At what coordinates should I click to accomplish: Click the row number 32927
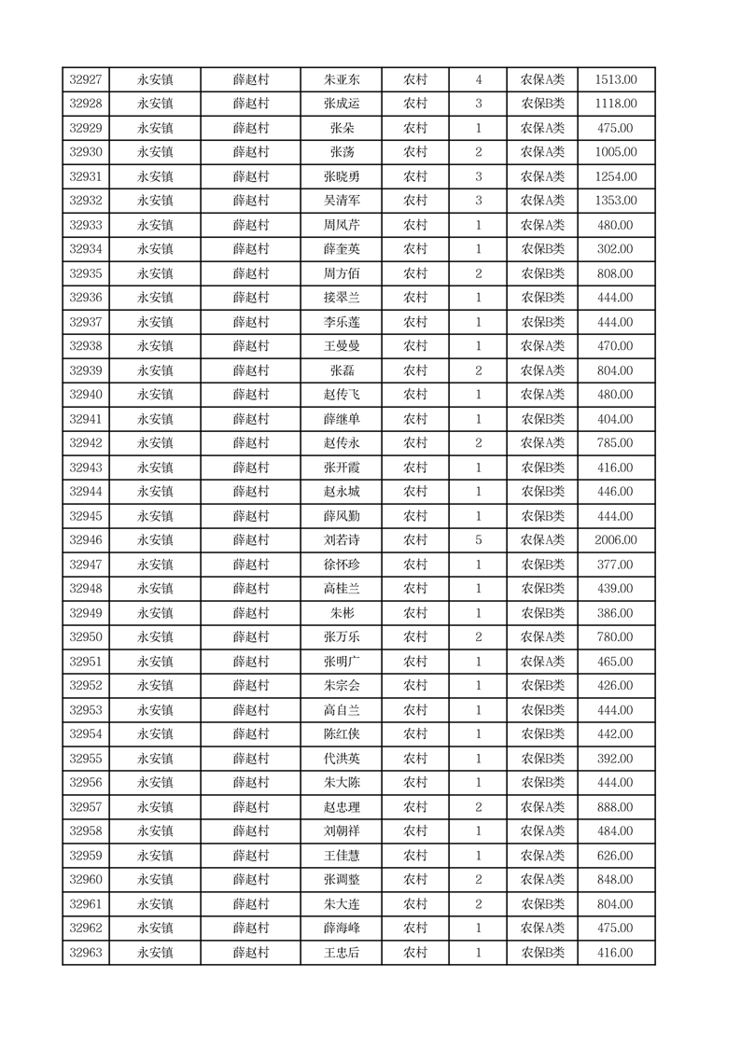click(x=86, y=80)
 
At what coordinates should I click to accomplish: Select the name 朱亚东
click(x=341, y=80)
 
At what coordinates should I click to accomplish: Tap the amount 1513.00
click(x=615, y=80)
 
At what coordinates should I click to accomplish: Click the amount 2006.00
click(x=615, y=540)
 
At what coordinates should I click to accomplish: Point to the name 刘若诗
click(x=341, y=540)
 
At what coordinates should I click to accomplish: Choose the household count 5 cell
click(x=478, y=540)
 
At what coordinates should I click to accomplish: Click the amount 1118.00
click(x=615, y=105)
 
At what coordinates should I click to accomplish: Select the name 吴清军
click(x=341, y=201)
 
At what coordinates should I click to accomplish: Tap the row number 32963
click(x=86, y=953)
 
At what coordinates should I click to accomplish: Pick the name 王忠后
click(x=341, y=953)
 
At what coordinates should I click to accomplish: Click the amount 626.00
click(x=615, y=856)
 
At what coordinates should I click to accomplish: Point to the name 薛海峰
click(x=341, y=928)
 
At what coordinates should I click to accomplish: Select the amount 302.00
click(x=615, y=249)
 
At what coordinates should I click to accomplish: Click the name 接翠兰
click(x=341, y=298)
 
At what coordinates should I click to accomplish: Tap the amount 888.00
click(x=615, y=807)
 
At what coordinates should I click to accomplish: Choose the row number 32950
click(x=86, y=637)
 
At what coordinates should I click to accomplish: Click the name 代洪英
click(x=341, y=759)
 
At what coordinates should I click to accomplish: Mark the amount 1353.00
click(x=615, y=201)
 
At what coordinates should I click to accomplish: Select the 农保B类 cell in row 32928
click(x=542, y=105)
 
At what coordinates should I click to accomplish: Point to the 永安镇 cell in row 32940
click(x=155, y=395)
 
